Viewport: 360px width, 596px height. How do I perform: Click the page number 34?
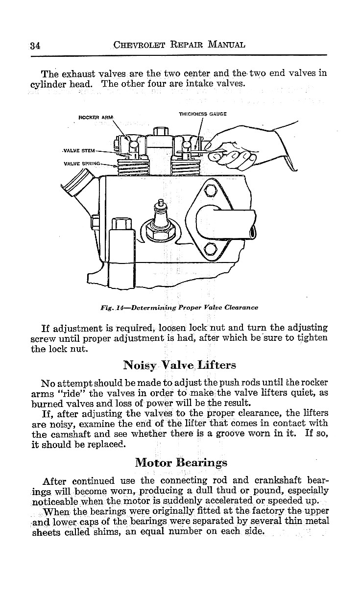click(34, 46)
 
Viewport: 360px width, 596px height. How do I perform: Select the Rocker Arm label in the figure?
click(96, 117)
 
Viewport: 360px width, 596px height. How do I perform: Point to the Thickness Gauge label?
click(202, 114)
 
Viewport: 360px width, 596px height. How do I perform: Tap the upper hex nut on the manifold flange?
click(209, 190)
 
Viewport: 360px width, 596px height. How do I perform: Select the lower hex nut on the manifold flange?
click(209, 249)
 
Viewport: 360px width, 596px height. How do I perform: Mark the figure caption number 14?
click(119, 308)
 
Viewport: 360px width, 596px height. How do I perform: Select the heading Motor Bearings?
click(181, 462)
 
